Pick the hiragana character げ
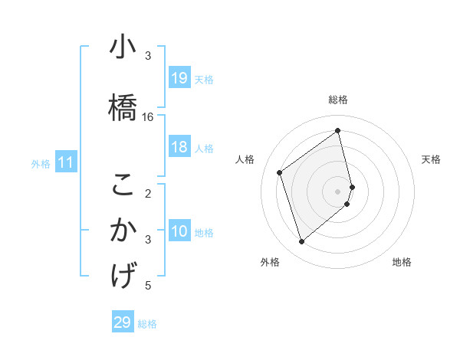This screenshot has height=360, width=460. (123, 274)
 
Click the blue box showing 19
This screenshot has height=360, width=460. (179, 78)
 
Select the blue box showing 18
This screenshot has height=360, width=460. (179, 147)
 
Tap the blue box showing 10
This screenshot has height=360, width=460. (179, 232)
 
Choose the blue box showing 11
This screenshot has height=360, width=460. (65, 162)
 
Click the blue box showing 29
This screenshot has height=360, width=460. (123, 322)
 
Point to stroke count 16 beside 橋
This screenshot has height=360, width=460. (148, 117)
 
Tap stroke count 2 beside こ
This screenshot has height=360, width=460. (148, 193)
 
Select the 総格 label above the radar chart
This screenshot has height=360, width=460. (338, 100)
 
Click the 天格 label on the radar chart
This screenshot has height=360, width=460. (431, 159)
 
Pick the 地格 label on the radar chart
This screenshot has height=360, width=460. (402, 262)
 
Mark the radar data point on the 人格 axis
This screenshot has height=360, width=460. (280, 172)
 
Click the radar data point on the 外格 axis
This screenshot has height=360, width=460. (301, 242)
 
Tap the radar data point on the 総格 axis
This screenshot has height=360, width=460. (338, 130)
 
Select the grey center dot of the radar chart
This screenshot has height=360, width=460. (338, 191)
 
